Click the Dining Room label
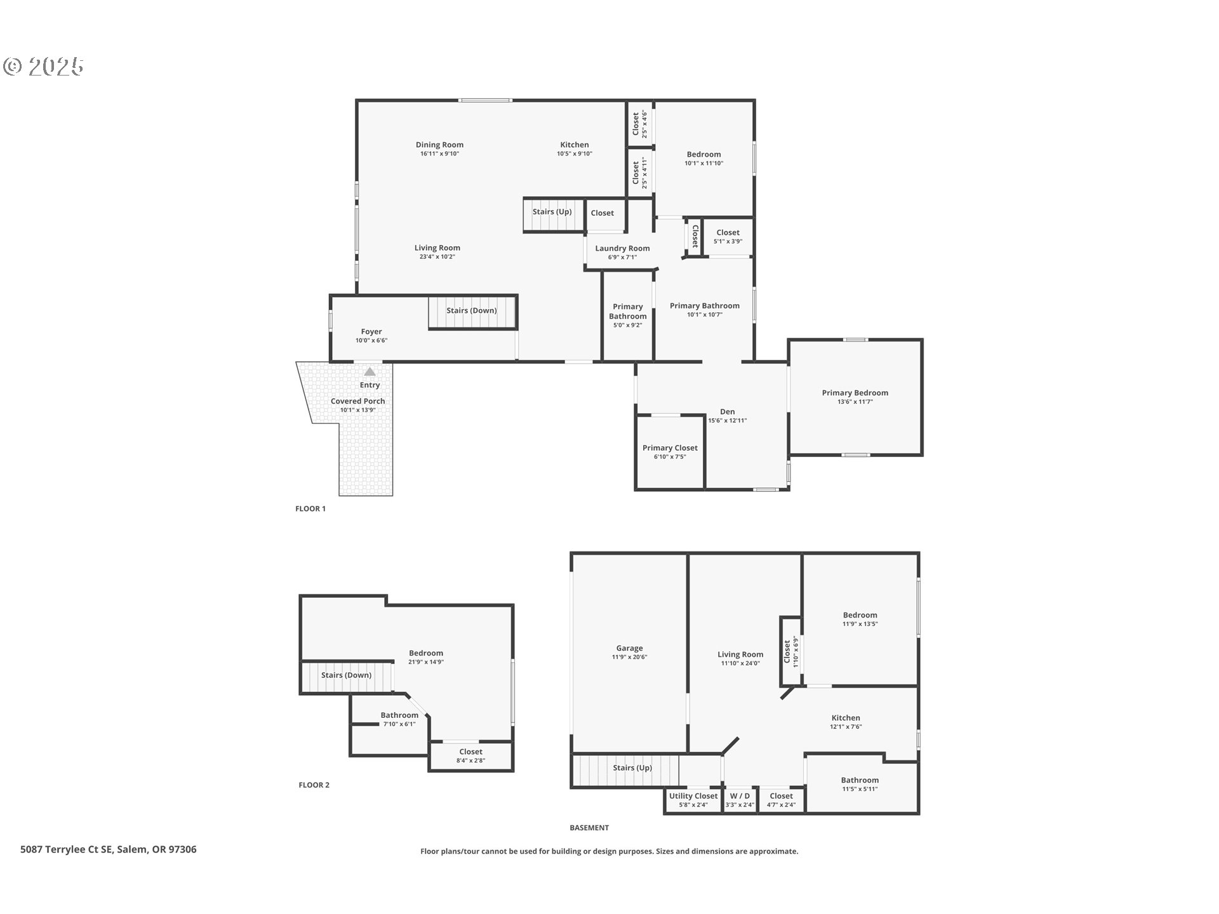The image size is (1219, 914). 439,145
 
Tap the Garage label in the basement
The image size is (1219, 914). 629,648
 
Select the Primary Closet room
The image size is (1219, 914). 670,452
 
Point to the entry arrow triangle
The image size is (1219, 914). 370,371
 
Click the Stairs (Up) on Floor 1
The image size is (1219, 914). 552,215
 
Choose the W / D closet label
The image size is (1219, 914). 740,796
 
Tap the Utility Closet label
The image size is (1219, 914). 693,796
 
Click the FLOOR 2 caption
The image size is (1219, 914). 314,785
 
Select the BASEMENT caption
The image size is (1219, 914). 589,828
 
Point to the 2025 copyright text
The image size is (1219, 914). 44,66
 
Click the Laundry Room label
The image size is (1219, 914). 622,248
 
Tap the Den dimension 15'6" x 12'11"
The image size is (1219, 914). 728,420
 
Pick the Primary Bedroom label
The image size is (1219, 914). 855,393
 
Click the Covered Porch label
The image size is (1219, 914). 358,401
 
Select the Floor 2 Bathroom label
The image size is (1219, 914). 399,715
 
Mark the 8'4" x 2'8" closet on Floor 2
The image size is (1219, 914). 471,756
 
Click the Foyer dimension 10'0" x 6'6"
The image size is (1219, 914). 371,341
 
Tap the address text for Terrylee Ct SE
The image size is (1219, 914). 109,849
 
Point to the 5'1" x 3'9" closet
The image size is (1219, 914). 728,237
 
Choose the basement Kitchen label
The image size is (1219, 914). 846,718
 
